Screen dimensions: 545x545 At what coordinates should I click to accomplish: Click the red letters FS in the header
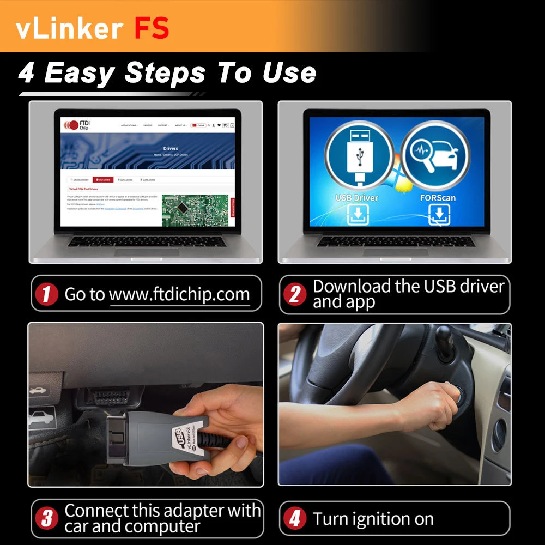tap(152, 28)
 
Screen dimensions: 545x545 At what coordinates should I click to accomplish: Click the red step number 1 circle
tap(46, 295)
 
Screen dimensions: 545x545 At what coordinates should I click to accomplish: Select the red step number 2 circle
tap(294, 295)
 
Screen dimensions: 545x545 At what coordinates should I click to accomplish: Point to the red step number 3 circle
tap(46, 518)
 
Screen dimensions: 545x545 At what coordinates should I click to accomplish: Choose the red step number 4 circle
tap(294, 518)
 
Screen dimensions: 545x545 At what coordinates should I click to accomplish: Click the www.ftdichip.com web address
tap(179, 295)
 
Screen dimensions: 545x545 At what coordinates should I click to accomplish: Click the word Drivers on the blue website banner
tap(171, 148)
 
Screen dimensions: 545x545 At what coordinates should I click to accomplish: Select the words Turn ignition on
tap(373, 519)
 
